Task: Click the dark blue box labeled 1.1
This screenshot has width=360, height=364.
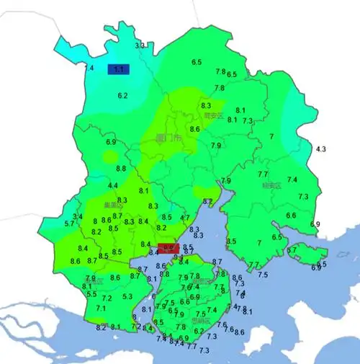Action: [x=119, y=70]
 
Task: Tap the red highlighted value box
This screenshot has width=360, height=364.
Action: [x=168, y=249]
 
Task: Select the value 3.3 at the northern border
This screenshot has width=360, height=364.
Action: [x=141, y=45]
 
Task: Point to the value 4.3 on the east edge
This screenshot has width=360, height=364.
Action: [x=321, y=149]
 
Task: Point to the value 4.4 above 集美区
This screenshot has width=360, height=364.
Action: [x=113, y=186]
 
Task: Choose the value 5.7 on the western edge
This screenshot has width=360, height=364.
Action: [x=69, y=224]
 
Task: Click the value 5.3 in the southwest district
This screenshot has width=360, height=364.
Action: [x=127, y=296]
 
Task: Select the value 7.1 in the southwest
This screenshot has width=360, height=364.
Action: [x=100, y=308]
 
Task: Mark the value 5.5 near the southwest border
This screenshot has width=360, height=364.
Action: [x=91, y=294]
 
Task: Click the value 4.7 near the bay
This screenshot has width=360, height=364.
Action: [x=185, y=218]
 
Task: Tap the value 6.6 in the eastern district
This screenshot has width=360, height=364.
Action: [x=291, y=216]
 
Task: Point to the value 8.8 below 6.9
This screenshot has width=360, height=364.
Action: [x=121, y=168]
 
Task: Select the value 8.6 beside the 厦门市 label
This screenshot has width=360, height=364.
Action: [x=194, y=129]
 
